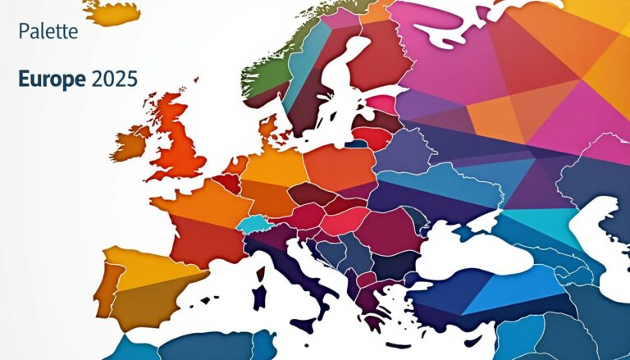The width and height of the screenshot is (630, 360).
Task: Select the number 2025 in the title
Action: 115,80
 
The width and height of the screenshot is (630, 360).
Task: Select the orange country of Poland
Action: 340,168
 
